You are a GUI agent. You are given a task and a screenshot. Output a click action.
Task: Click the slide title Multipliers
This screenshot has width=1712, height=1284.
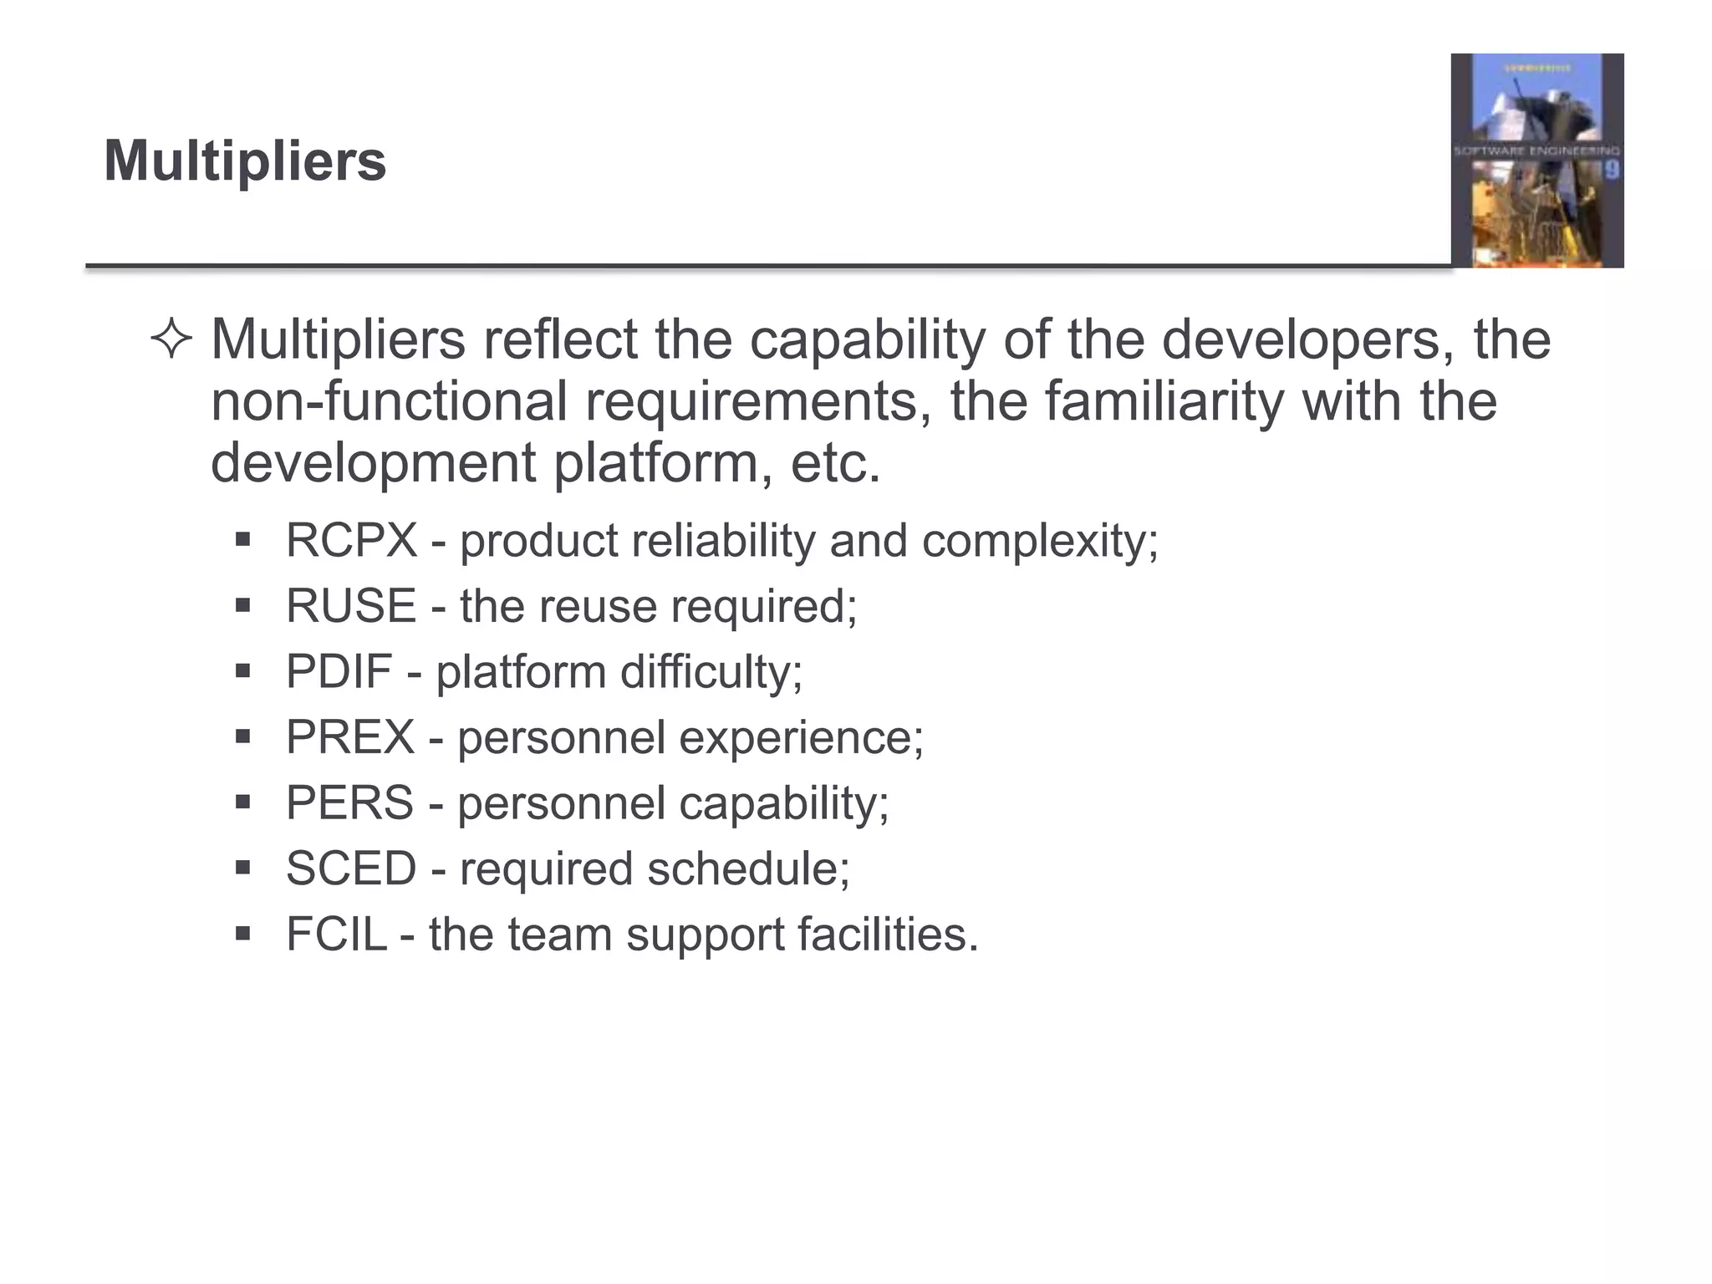tap(245, 160)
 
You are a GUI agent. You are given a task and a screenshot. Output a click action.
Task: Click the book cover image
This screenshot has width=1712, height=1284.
tap(1536, 160)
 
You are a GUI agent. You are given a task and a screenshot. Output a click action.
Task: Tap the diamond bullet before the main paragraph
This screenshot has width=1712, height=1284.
tap(171, 340)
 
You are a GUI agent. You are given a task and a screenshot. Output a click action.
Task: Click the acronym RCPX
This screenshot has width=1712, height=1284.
tap(351, 540)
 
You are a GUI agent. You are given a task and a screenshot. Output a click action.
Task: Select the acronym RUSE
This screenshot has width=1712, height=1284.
tap(351, 606)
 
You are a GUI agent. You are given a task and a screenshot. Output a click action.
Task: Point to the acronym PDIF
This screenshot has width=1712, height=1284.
tap(339, 671)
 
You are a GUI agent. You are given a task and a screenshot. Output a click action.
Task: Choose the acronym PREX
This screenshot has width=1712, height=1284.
tap(350, 737)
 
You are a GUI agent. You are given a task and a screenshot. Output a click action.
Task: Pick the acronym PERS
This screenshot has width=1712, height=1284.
tap(349, 802)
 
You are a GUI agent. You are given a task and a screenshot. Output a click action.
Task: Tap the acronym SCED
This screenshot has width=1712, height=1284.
tap(351, 869)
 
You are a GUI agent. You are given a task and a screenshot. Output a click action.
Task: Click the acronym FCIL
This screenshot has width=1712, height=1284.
tap(336, 934)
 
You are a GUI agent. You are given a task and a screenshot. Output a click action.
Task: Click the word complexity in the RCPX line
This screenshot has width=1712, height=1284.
tap(1039, 542)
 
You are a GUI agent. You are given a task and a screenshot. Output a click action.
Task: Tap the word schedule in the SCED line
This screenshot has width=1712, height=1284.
tap(748, 869)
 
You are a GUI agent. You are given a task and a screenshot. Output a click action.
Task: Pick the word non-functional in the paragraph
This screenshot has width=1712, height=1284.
tap(389, 401)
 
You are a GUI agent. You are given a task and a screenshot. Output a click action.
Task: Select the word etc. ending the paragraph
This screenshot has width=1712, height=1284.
tap(835, 463)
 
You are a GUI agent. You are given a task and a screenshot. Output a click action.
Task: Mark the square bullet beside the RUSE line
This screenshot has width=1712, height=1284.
tap(243, 604)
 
